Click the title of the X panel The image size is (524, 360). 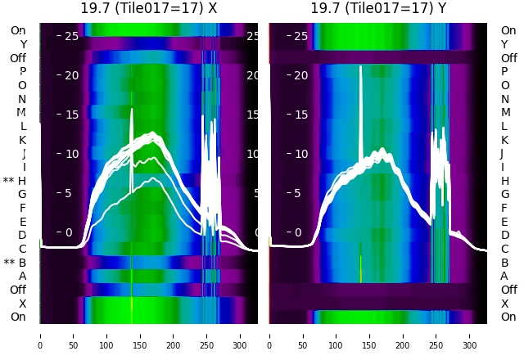pos(149,9)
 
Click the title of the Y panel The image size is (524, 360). pos(378,9)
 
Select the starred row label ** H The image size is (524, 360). pos(15,181)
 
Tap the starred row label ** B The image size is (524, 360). pos(15,263)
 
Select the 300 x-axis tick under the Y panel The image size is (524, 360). pos(470,335)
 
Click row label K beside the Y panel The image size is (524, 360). pos(504,140)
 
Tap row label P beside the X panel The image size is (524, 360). pos(23,72)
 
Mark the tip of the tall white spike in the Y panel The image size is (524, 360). pos(360,67)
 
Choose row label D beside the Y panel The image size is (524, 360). pos(504,236)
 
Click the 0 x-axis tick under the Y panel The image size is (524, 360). pos(269,335)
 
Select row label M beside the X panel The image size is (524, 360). pos(22,112)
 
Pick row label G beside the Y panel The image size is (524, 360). pos(504,195)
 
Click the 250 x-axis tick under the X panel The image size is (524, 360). pos(207,335)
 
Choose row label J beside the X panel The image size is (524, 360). pos(24,154)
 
